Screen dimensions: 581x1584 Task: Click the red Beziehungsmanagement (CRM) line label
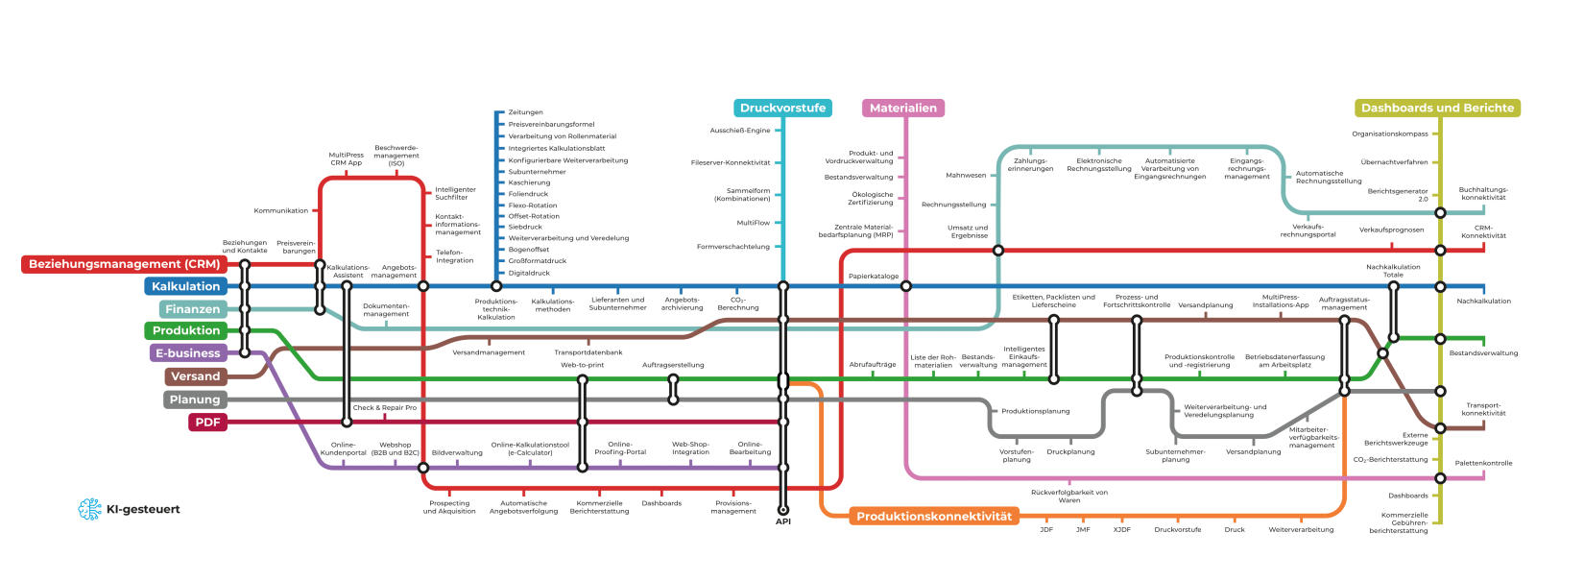[124, 264]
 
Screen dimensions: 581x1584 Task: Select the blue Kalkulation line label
[186, 286]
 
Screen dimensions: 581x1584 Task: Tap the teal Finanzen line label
[193, 309]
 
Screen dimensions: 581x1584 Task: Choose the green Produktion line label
[186, 330]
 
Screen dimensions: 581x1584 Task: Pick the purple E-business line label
[188, 353]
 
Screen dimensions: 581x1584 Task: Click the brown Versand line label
[196, 376]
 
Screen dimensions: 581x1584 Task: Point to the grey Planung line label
[195, 399]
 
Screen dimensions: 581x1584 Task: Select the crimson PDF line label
[207, 423]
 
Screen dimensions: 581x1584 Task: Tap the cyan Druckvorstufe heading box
[782, 109]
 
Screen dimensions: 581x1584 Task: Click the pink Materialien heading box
[902, 109]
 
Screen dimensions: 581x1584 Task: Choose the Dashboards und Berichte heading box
[1437, 109]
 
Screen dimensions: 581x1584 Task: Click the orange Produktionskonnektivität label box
[934, 517]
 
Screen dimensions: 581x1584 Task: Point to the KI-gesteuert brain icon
[90, 510]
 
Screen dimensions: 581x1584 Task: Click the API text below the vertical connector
[783, 521]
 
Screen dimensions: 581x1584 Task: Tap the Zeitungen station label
[526, 112]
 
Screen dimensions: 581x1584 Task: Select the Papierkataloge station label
[874, 277]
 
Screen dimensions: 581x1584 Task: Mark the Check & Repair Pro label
[385, 408]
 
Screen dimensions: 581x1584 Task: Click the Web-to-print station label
[583, 365]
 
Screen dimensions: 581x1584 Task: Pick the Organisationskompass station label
[1390, 134]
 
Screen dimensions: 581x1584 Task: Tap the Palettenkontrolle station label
[1483, 463]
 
